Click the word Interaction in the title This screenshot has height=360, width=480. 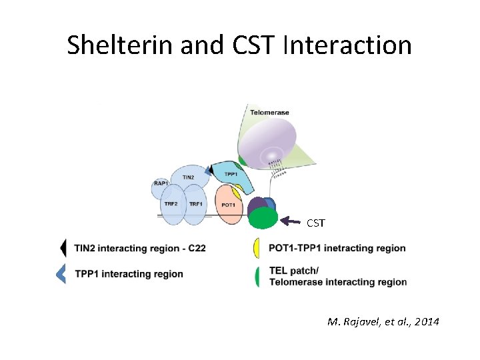point(347,45)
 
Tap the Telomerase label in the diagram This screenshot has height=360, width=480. point(269,112)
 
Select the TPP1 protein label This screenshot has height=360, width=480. point(231,173)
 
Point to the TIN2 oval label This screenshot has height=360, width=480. point(188,177)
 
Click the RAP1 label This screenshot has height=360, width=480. point(160,183)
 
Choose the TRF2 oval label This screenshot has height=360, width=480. point(171,203)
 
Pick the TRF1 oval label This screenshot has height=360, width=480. point(195,203)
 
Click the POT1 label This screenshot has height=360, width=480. point(228,205)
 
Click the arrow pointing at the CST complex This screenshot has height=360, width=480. point(291,218)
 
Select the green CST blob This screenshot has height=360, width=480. point(263,219)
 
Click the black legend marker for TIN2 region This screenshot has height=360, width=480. point(63,248)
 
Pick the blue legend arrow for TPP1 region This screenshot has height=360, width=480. point(61,273)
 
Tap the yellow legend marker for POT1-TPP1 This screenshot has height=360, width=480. point(257,248)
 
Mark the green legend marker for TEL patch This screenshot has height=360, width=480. point(257,276)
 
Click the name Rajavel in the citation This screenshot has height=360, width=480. point(361,322)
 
